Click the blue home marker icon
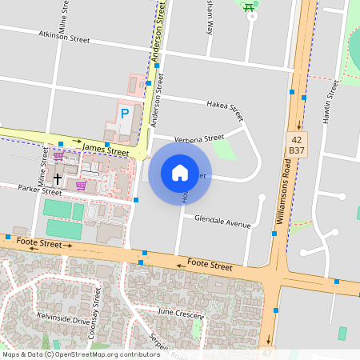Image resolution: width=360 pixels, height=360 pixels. click(x=180, y=172)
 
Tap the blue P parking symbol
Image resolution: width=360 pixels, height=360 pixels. click(x=124, y=114)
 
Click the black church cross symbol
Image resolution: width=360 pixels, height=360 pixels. click(x=58, y=177)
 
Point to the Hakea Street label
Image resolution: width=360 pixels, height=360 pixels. click(x=224, y=106)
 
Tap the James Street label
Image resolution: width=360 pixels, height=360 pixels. click(x=105, y=150)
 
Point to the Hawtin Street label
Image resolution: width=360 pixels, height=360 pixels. click(x=326, y=101)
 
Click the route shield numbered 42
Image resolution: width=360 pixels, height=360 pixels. click(x=298, y=138)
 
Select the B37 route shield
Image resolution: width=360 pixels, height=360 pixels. click(x=298, y=150)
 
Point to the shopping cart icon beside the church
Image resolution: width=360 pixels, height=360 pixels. click(x=81, y=185)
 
